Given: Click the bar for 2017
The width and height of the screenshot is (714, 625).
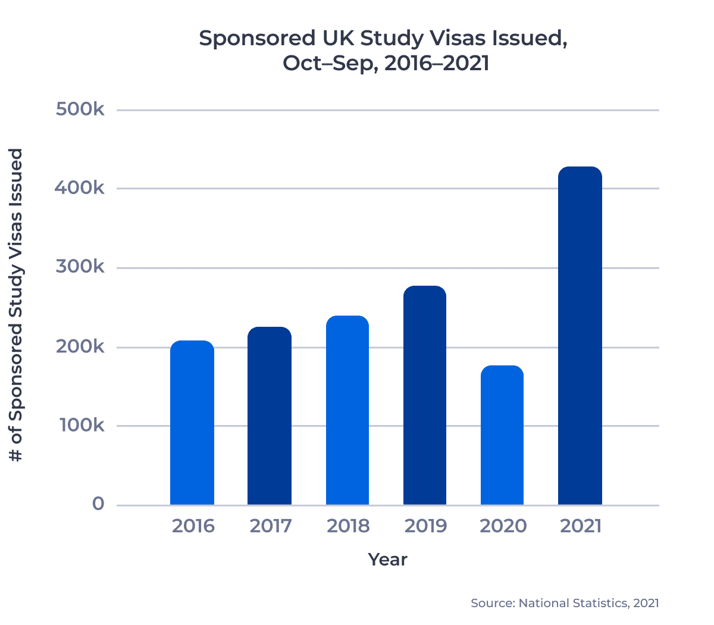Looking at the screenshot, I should (270, 416).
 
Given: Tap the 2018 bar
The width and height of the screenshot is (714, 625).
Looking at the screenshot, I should (347, 410).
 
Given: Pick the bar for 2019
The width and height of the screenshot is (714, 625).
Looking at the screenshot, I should (425, 395).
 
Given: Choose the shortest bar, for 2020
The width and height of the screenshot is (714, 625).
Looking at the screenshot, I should (502, 435).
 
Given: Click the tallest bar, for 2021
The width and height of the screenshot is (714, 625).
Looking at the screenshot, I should (580, 336).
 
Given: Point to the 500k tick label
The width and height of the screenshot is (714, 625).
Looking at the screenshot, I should (80, 110).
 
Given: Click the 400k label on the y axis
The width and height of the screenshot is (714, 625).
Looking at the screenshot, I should (80, 188).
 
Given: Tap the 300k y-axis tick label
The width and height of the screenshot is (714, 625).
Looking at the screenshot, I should (80, 267).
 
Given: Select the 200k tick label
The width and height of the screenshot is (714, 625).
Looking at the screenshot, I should (80, 346).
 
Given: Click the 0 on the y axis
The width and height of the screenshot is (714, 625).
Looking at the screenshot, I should (98, 504).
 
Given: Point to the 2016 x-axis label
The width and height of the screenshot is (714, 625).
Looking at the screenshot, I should (193, 526).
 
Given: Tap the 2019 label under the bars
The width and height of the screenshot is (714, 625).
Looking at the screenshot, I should (425, 526).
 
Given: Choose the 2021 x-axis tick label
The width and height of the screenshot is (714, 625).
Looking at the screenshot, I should (581, 526).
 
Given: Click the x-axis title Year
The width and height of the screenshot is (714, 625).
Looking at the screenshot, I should (387, 560).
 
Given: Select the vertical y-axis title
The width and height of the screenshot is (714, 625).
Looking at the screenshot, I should (16, 305).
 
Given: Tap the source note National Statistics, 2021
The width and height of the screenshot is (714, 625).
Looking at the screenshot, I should (565, 603).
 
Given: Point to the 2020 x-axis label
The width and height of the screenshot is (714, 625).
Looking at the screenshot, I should (503, 526).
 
